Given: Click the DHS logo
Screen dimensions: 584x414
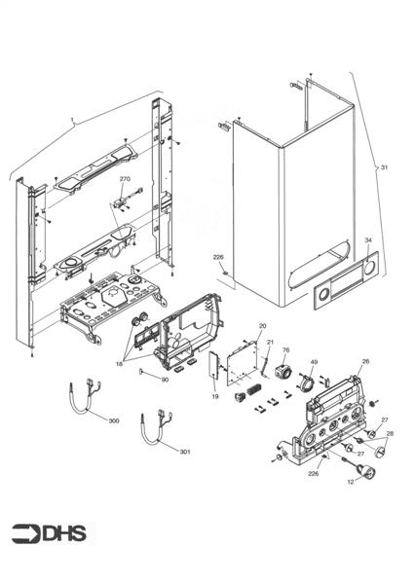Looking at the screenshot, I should click(x=49, y=532).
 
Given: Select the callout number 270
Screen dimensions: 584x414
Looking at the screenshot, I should click(x=125, y=180).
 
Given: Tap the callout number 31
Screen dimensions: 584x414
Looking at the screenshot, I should click(x=384, y=168).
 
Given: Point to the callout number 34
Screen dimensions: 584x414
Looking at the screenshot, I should click(x=367, y=239).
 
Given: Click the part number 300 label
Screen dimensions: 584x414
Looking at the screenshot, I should click(x=114, y=420).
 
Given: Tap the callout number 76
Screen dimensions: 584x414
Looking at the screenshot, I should click(x=286, y=349).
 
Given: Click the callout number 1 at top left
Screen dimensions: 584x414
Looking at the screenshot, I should click(x=72, y=124).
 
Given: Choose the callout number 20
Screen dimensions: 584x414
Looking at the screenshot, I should click(x=262, y=324).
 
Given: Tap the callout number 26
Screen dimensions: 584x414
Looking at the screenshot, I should click(x=365, y=361).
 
